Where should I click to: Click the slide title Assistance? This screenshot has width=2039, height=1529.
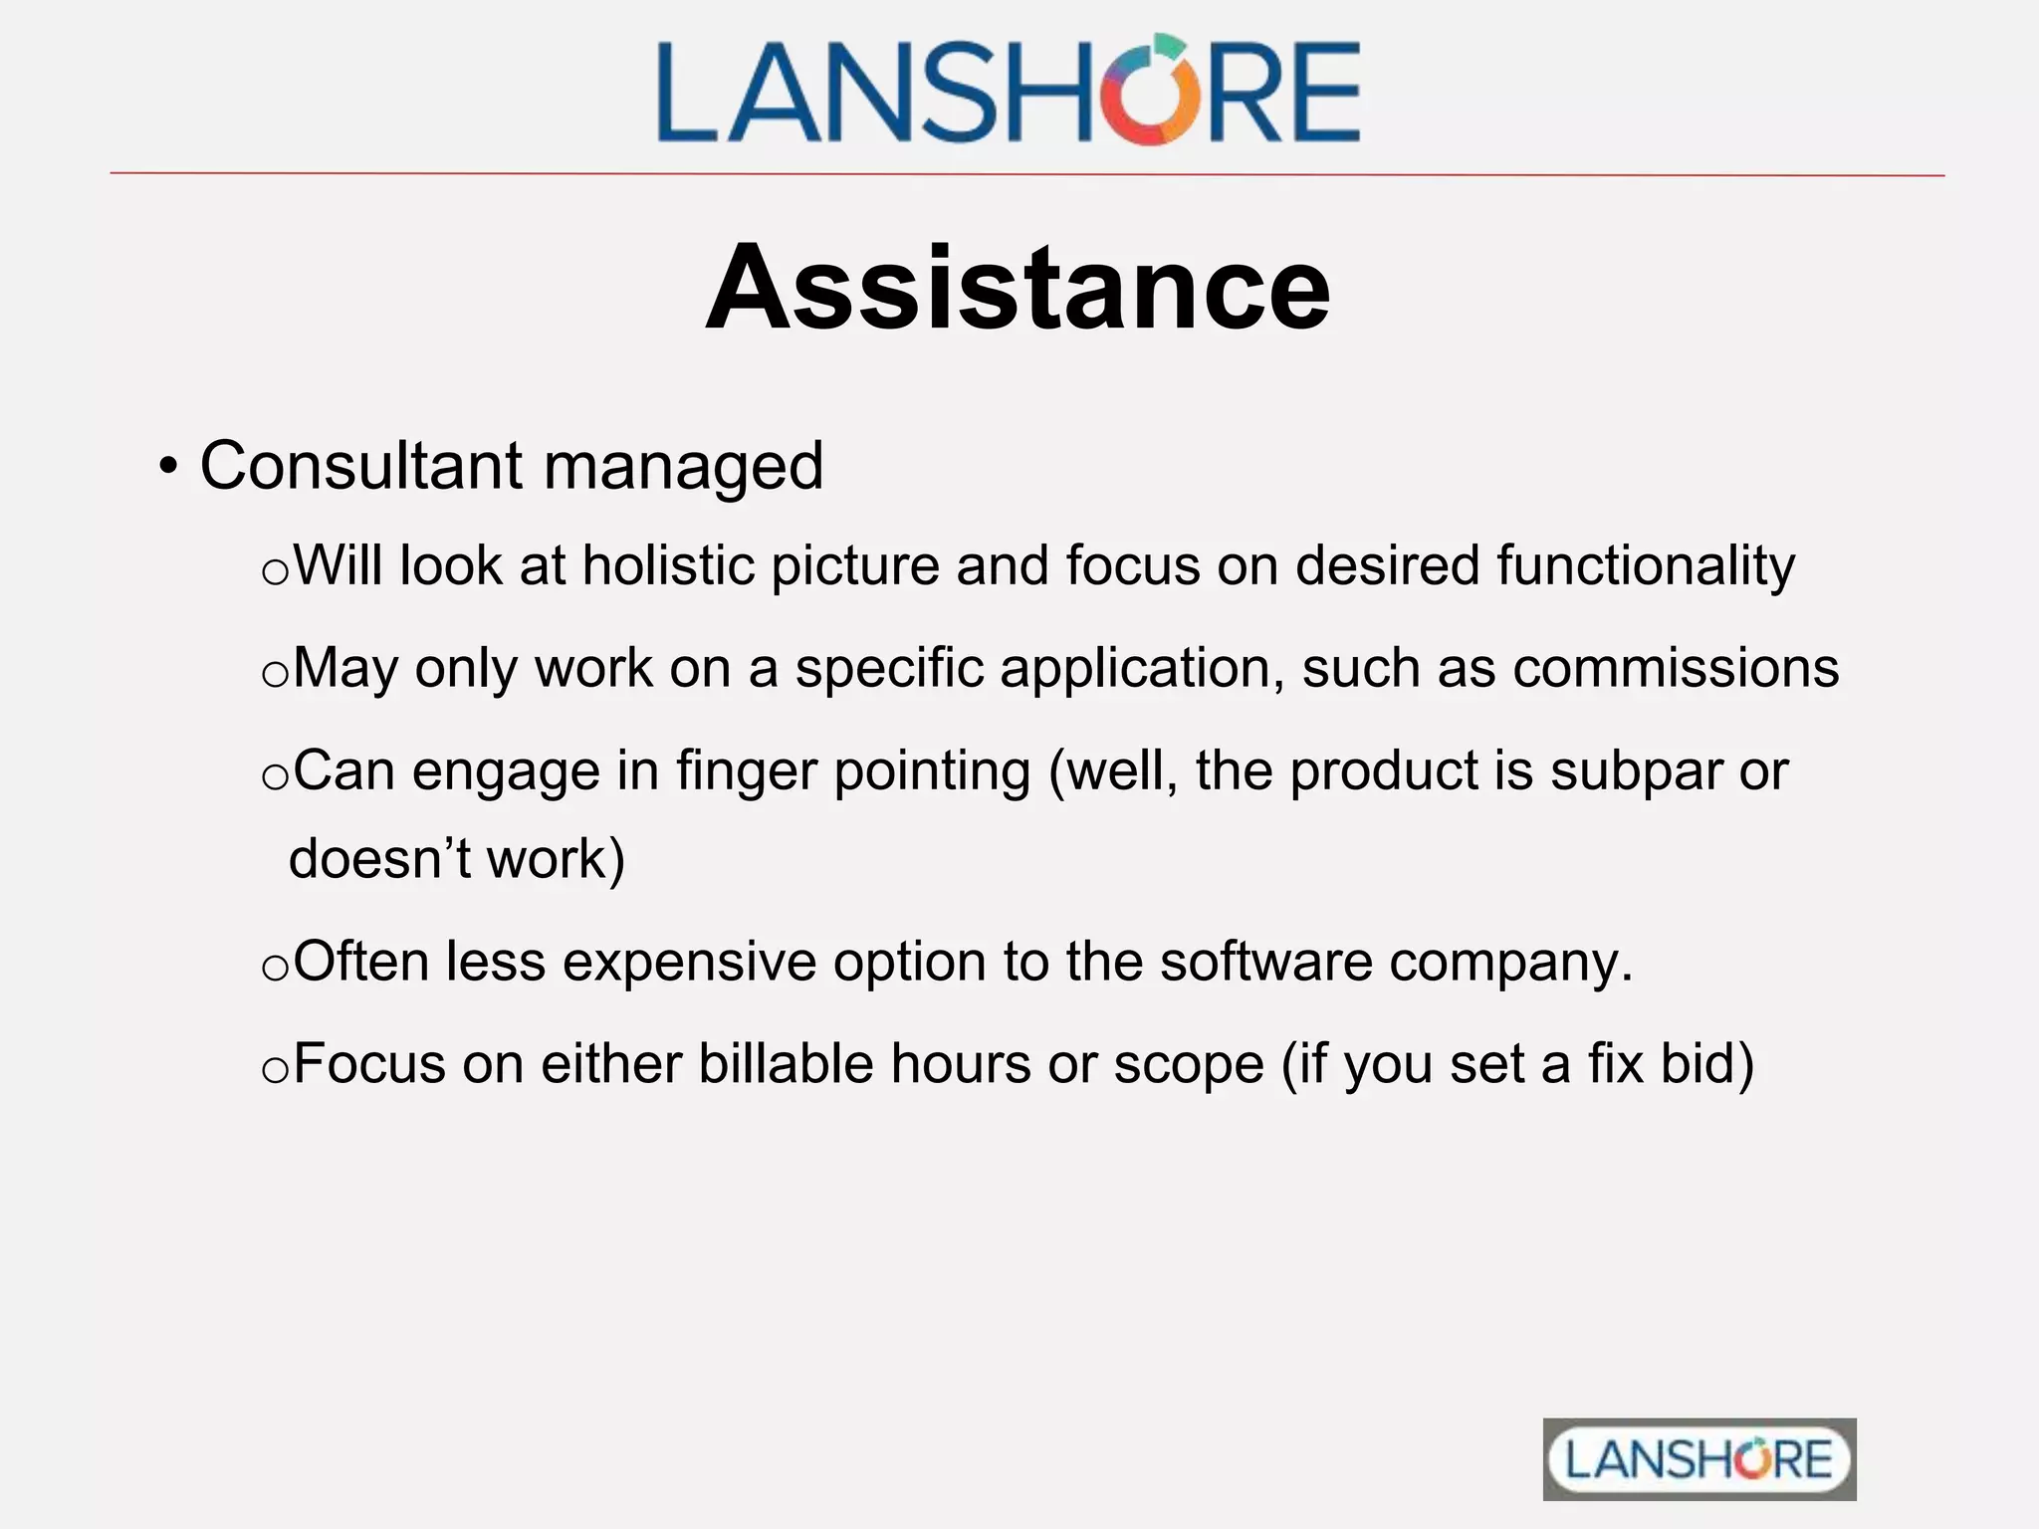(1018, 288)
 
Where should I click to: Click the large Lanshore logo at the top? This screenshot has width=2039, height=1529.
(1008, 91)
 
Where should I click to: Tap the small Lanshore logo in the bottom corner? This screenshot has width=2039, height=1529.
(1699, 1459)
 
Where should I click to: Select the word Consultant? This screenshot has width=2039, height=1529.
(360, 466)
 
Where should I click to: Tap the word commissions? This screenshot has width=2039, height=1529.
(1676, 668)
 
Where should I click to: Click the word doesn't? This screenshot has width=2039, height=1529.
(378, 859)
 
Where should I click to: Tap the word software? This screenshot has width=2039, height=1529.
(1265, 963)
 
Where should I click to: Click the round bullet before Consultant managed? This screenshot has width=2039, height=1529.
(169, 467)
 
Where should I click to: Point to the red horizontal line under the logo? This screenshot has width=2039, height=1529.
(1025, 174)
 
